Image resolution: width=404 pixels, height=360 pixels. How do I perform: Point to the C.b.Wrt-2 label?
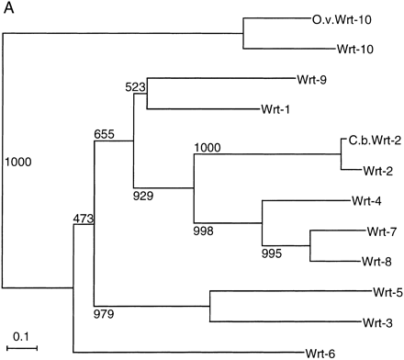373,141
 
